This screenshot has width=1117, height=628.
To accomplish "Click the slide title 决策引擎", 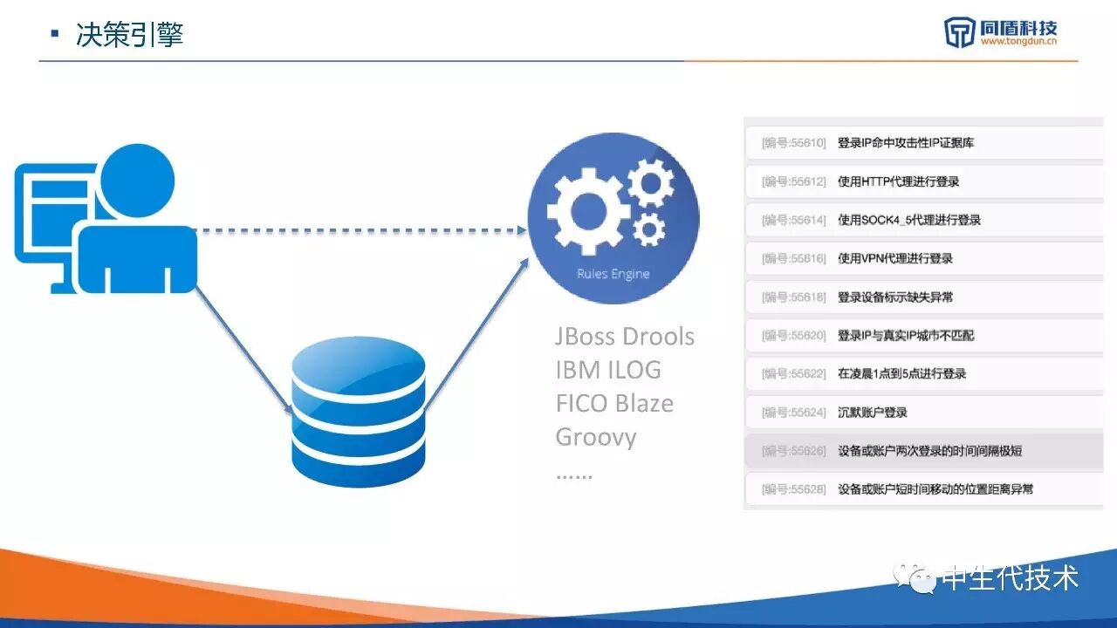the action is point(129,35).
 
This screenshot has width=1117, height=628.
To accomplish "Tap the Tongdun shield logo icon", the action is point(959,32).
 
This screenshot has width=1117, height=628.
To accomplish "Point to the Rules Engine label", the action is point(613,274).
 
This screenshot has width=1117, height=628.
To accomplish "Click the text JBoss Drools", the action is point(625,337).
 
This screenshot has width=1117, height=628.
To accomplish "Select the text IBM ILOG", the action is point(608,370).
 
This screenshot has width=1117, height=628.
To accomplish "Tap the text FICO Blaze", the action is point(614,403).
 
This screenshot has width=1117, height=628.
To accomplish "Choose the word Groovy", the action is point(595,436).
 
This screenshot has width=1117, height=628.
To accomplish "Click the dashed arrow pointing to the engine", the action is point(358,231).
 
